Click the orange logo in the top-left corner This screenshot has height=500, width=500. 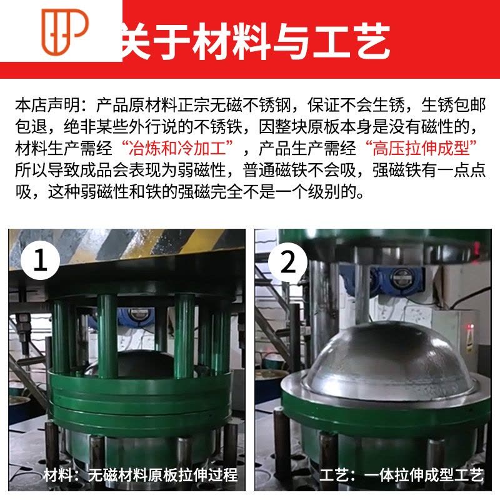(x=65, y=31)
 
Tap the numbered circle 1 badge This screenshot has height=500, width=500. (x=41, y=261)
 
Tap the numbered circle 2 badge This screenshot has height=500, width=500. (x=288, y=262)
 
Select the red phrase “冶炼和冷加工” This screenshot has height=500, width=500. (x=177, y=148)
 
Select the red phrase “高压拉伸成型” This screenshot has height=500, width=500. (x=421, y=148)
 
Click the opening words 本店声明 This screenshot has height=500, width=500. (x=47, y=105)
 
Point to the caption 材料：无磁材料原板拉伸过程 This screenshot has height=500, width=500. (x=141, y=475)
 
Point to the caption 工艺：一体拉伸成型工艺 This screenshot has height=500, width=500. (x=402, y=475)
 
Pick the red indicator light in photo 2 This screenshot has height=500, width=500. (x=470, y=327)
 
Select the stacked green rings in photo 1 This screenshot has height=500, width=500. (x=140, y=401)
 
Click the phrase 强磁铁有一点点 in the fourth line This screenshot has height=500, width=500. (x=429, y=170)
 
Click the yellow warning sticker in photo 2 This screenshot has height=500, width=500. (x=470, y=341)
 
